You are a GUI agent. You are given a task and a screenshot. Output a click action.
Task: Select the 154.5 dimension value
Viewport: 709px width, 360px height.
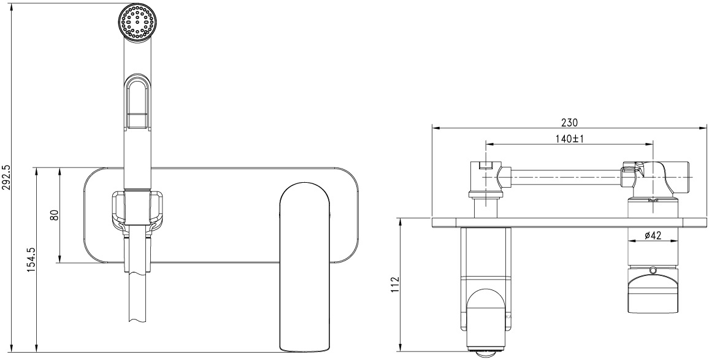point(31,260)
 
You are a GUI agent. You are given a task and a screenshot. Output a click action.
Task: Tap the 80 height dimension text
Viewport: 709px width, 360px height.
point(55,215)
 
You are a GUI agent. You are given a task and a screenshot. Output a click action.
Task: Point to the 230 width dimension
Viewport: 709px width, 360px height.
point(569,122)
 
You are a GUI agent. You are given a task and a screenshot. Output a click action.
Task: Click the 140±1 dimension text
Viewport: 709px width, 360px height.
point(570,139)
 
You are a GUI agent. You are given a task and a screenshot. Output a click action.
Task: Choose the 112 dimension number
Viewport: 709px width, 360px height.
point(395,285)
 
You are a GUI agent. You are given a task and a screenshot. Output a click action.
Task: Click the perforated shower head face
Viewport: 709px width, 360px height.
point(139,23)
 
